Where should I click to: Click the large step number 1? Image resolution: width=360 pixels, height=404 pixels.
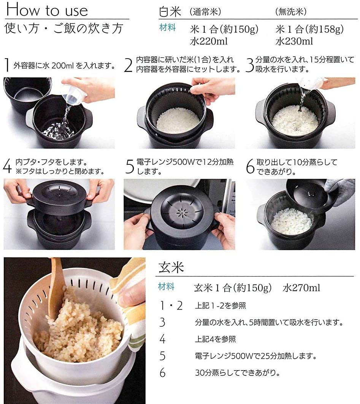coord(7,66)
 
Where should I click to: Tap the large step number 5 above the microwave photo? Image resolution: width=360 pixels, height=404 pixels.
coord(130,167)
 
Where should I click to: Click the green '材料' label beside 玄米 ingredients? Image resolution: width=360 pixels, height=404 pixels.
coord(166,286)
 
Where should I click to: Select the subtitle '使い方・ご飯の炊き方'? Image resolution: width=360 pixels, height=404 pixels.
coord(64,29)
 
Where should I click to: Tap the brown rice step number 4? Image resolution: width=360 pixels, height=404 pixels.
coord(163,339)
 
